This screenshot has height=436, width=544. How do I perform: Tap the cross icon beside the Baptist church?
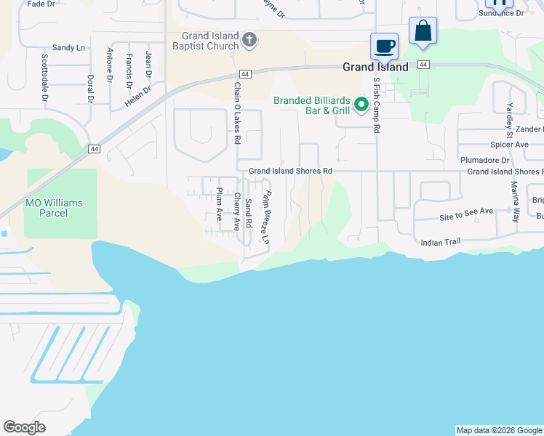(x=249, y=39)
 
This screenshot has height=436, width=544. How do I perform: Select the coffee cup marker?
(x=384, y=47)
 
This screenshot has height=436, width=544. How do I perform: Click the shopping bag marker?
(x=423, y=31)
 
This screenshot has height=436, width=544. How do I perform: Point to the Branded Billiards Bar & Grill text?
(x=312, y=105)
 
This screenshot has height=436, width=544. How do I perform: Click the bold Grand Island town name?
(x=376, y=66)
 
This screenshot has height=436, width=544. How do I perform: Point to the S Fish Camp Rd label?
(x=377, y=105)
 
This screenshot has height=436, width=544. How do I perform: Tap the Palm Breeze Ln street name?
(x=267, y=217)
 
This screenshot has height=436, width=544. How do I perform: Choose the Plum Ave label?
(x=219, y=204)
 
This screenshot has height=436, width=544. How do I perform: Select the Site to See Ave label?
(x=466, y=211)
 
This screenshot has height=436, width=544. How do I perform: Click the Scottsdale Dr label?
(x=44, y=77)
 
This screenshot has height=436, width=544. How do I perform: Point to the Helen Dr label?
(x=137, y=97)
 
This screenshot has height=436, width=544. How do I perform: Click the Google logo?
(x=24, y=427)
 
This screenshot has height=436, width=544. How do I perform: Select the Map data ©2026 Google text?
(x=498, y=430)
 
